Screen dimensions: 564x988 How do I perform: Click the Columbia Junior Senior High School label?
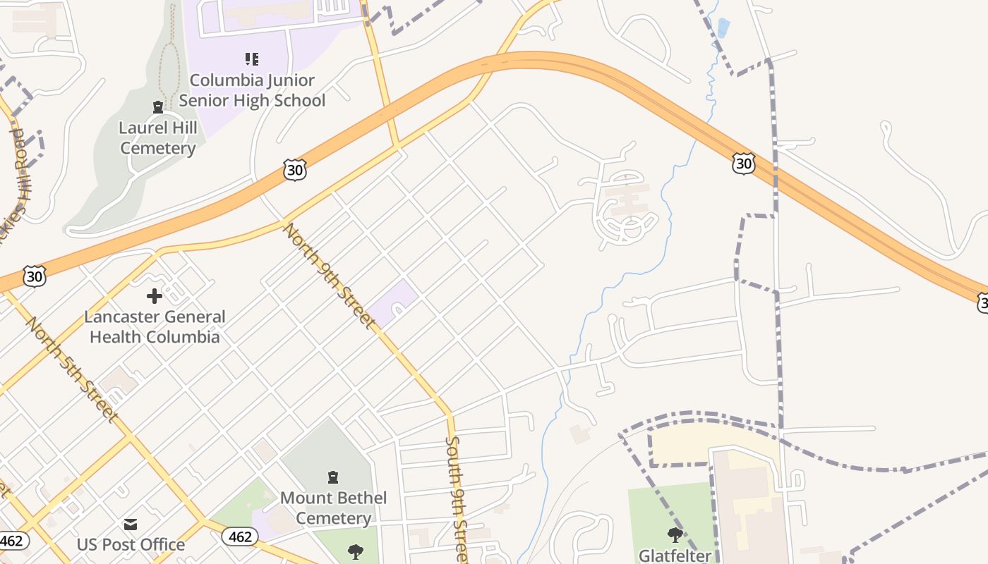[252, 90]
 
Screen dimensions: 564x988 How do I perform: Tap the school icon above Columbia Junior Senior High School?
[252, 59]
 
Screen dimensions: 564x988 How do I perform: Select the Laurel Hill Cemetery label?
[158, 138]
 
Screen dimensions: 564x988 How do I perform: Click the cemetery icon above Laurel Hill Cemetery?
[158, 107]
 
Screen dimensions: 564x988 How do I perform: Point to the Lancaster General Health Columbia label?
[155, 326]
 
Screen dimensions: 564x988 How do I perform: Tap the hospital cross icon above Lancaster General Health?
[155, 296]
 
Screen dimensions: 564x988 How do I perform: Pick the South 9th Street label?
[456, 496]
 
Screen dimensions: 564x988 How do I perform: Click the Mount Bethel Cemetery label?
[333, 508]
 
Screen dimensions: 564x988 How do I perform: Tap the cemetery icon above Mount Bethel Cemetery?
[333, 477]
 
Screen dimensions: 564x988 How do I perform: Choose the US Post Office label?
[131, 545]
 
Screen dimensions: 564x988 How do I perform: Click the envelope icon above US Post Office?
[131, 525]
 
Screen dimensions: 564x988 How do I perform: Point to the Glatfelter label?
[675, 556]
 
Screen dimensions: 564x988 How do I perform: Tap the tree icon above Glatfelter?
[675, 534]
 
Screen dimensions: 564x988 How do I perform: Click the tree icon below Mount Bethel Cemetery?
[355, 551]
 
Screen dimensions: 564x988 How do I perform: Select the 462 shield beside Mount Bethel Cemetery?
[240, 537]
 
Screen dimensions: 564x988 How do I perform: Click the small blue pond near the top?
[723, 28]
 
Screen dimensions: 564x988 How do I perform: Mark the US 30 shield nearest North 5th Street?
[34, 276]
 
